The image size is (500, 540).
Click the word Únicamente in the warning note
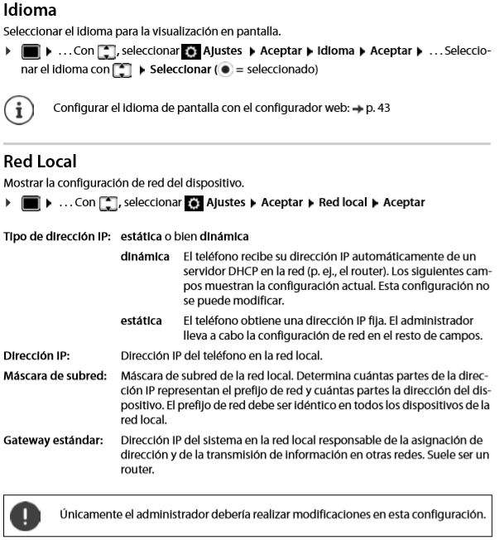coord(87,514)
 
